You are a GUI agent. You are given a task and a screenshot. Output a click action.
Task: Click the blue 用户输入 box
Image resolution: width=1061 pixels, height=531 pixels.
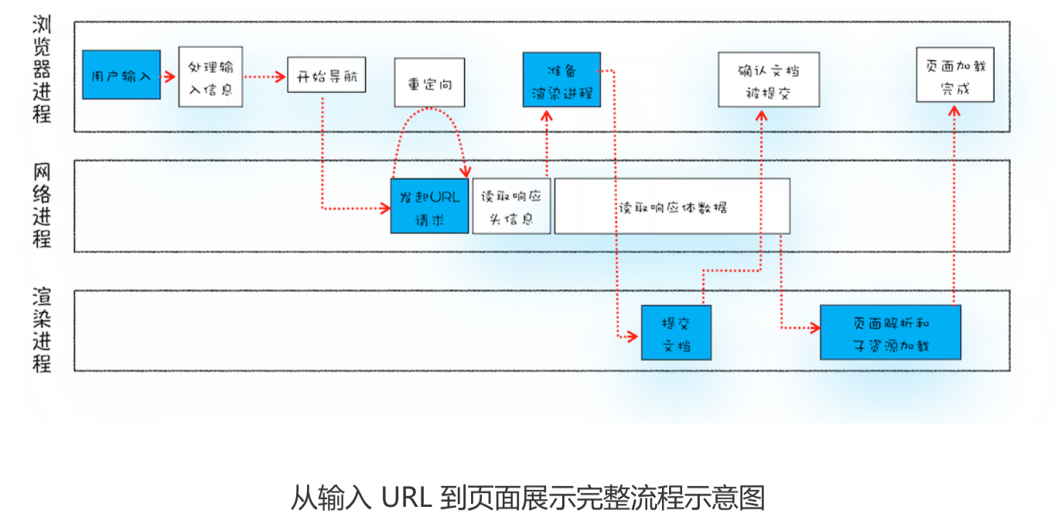121,75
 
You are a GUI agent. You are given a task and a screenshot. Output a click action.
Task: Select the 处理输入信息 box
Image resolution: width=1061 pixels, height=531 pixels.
210,76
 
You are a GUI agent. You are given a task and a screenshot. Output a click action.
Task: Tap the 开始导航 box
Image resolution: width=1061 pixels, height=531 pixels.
326,75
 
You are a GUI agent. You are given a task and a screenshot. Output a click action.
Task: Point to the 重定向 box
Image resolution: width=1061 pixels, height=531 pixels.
429,82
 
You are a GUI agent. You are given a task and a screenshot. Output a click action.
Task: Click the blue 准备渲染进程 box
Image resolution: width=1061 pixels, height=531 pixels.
561,80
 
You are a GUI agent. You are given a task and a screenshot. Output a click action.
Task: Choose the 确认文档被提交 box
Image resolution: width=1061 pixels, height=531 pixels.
768,80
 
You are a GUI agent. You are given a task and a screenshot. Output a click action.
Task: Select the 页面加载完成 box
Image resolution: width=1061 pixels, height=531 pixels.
955,75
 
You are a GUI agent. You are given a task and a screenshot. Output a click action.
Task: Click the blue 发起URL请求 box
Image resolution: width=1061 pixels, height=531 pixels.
429,206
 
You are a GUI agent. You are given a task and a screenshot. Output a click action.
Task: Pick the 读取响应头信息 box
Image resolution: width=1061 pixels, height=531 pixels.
511,206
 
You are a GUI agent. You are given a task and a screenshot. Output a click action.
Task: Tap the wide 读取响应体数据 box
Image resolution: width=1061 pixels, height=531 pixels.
672,206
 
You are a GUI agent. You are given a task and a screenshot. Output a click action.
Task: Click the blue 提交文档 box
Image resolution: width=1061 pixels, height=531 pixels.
676,333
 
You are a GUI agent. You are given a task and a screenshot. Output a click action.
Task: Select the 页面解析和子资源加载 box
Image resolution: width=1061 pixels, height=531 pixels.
890,333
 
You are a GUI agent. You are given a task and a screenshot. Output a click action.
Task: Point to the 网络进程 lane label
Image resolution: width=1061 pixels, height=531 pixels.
42,204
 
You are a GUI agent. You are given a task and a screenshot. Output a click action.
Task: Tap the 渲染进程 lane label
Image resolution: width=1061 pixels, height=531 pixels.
42,331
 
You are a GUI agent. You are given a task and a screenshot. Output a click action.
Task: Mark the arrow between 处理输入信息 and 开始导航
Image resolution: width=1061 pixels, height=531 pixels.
265,77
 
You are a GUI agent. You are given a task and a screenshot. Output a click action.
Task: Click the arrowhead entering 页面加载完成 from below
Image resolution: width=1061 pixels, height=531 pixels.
954,111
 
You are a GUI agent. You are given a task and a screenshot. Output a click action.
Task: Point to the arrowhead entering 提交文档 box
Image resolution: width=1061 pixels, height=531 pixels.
633,336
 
